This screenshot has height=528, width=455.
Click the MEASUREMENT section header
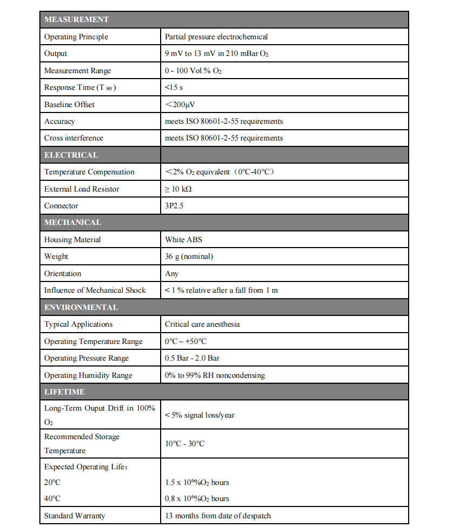[77, 19]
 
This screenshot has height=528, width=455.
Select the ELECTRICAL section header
[71, 155]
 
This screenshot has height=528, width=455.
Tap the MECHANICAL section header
[73, 222]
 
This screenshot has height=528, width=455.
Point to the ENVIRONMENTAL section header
[81, 307]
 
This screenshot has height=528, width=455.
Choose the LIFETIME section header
[64, 392]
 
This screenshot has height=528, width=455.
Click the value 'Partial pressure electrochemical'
[216, 37]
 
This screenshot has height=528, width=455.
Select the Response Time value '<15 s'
[174, 87]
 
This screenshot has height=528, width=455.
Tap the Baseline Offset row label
[69, 104]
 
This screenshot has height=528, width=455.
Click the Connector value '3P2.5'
[174, 206]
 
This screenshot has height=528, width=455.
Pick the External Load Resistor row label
[81, 189]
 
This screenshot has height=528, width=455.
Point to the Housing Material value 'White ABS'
[183, 240]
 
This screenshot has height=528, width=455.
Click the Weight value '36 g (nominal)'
[189, 256]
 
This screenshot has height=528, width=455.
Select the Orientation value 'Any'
[171, 273]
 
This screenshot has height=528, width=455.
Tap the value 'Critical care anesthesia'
[202, 324]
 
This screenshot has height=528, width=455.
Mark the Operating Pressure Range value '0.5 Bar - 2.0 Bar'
[192, 358]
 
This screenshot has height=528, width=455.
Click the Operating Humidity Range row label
[88, 375]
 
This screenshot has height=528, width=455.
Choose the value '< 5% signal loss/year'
[199, 415]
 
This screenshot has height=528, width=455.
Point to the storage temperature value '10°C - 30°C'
[184, 443]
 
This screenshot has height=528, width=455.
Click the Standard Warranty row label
[74, 516]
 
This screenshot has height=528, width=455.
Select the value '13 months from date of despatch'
[218, 516]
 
